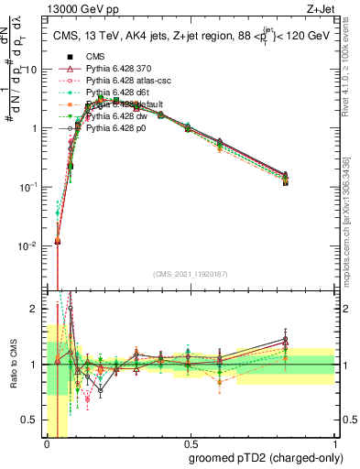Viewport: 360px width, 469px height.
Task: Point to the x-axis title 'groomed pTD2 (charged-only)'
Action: (x=263, y=458)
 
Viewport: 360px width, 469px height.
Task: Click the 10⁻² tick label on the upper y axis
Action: (x=30, y=245)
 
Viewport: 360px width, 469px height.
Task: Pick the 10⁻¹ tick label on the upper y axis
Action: (x=30, y=187)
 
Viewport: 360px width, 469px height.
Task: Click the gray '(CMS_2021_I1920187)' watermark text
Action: (x=191, y=274)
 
